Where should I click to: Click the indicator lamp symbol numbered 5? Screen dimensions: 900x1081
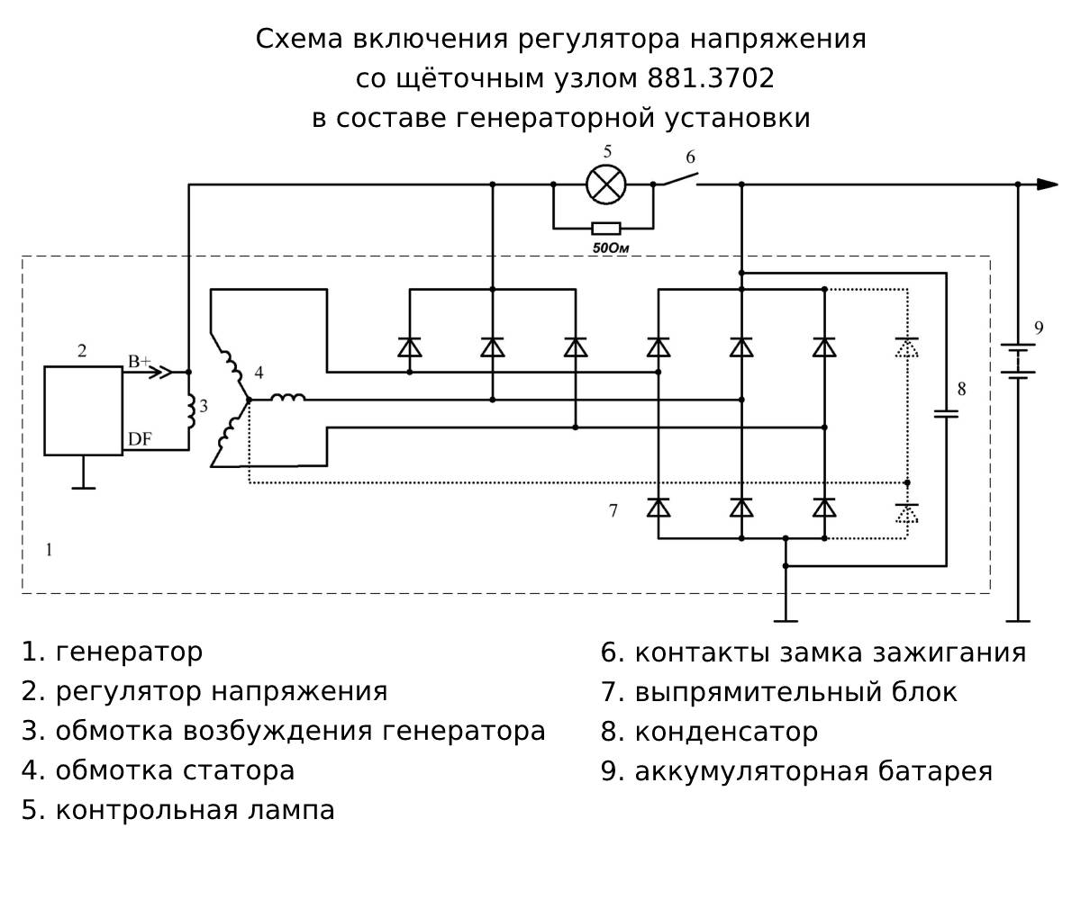[606, 184]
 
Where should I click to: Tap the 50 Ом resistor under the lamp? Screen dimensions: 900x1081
[604, 228]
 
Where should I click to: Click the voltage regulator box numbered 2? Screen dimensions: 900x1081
[84, 409]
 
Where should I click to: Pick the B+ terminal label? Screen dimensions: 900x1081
[139, 362]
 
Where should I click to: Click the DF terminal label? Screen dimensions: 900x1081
[140, 439]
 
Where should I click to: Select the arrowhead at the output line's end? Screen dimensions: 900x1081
[1047, 184]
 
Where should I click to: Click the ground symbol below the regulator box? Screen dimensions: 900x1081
[84, 486]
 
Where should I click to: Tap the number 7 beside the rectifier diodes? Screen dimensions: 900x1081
[613, 511]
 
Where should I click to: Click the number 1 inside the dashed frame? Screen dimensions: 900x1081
[49, 549]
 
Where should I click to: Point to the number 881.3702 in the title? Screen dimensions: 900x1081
[710, 79]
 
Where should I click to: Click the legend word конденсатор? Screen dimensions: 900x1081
[726, 732]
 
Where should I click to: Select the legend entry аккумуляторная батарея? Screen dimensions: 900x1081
[813, 771]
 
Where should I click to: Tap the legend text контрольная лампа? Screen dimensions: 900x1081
[195, 810]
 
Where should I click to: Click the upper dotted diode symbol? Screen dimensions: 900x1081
[907, 346]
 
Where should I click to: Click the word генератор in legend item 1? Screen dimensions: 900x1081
[129, 651]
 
